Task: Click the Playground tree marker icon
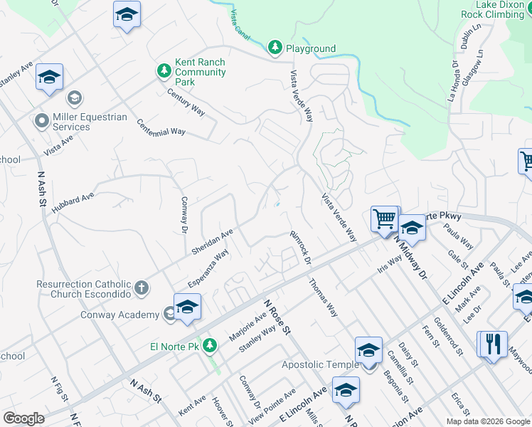(275, 48)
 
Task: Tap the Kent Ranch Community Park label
(200, 72)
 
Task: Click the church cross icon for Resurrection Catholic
(142, 288)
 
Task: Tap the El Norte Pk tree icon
(209, 346)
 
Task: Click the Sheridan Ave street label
(212, 242)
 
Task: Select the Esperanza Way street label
(208, 268)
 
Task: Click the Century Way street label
(186, 102)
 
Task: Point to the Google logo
(23, 418)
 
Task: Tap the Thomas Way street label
(323, 297)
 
